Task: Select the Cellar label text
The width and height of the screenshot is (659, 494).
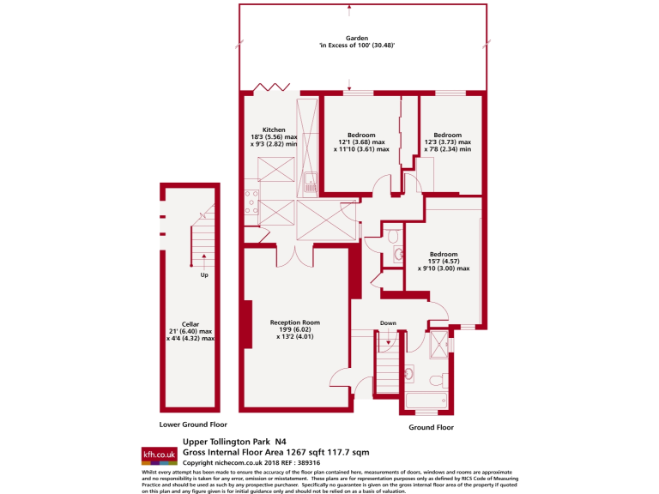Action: [x=190, y=324]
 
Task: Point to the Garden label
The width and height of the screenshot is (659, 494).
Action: [x=357, y=39]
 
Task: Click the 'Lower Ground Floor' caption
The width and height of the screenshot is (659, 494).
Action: [x=193, y=425]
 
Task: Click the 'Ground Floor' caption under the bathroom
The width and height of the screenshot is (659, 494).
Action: [x=431, y=427]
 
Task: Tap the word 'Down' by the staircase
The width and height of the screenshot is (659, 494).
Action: [x=388, y=323]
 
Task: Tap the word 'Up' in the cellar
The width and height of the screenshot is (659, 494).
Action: [x=204, y=275]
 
